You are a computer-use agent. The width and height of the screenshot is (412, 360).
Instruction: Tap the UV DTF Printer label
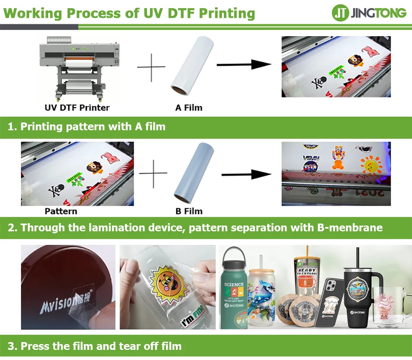(x=77, y=107)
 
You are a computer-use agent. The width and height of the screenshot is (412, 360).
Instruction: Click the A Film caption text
(x=189, y=107)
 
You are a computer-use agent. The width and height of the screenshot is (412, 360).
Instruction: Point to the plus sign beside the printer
(x=151, y=67)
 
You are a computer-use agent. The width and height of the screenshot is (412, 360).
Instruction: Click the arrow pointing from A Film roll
(x=243, y=64)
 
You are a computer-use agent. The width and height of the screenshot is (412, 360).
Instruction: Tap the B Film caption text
(x=189, y=211)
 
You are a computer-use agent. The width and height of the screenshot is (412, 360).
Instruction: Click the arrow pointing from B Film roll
(x=246, y=175)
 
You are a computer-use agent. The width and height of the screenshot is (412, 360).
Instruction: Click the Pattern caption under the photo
(x=61, y=211)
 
